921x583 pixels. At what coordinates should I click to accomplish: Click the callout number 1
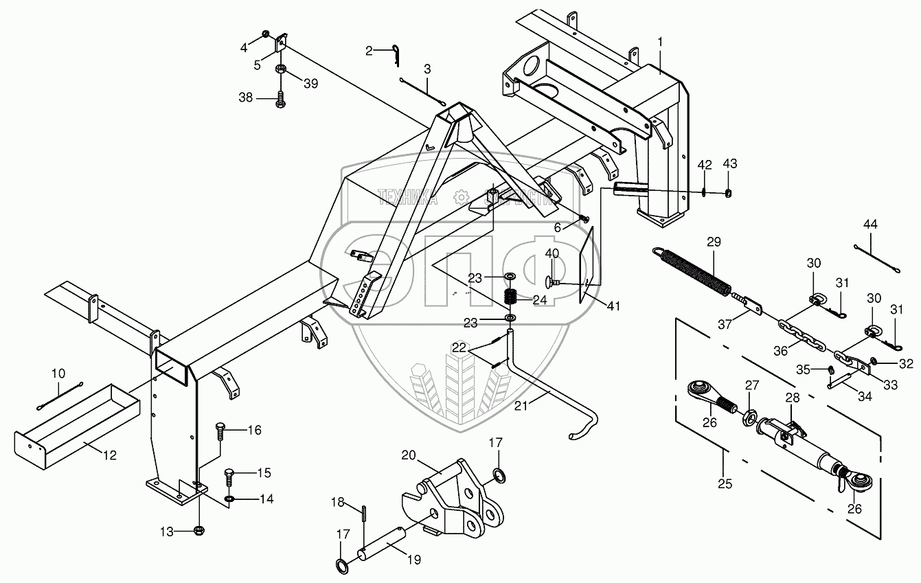(x=660, y=43)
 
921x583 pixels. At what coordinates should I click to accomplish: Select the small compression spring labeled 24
(x=511, y=297)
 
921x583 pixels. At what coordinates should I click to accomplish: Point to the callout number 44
(x=870, y=225)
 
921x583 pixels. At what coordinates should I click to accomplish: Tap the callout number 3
(x=427, y=69)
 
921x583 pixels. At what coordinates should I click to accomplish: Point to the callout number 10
(x=58, y=374)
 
